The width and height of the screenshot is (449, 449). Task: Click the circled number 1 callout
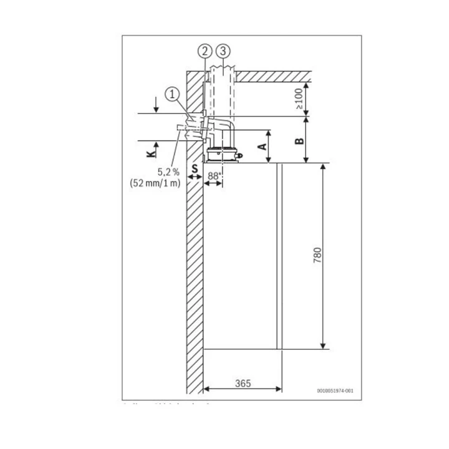click(x=172, y=93)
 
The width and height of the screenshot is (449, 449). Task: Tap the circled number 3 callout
click(x=224, y=51)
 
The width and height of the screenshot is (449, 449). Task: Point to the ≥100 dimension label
click(x=299, y=99)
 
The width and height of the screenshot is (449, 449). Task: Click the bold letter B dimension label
click(x=299, y=140)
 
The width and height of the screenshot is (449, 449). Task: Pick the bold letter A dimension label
click(x=263, y=147)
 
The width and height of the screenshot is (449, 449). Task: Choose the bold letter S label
click(x=195, y=168)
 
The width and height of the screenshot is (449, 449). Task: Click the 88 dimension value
click(x=213, y=176)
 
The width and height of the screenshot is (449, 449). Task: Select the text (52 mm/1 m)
click(x=156, y=182)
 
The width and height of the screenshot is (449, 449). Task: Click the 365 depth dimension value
click(x=244, y=384)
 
